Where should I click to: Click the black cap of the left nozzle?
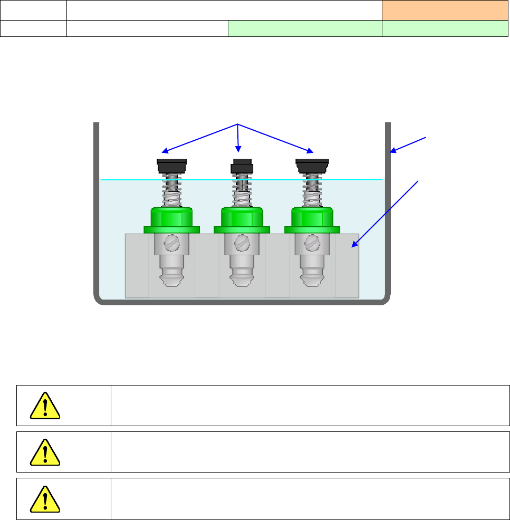click(172, 166)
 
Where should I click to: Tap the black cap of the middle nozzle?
click(242, 166)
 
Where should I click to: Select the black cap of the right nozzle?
click(313, 166)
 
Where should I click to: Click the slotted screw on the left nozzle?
click(172, 243)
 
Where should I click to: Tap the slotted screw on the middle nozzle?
click(242, 243)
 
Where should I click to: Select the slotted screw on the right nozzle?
click(313, 243)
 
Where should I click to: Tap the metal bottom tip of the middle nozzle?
click(242, 277)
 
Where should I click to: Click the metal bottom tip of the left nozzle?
click(172, 277)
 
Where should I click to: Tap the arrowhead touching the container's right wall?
click(393, 152)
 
